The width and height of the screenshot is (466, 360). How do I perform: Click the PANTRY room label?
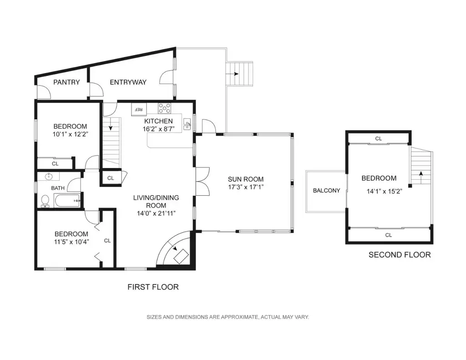coord(66,82)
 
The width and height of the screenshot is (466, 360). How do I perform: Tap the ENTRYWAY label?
coord(128,82)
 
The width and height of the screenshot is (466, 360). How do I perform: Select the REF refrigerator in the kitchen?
coord(139,109)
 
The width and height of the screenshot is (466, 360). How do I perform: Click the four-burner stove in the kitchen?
coord(164,108)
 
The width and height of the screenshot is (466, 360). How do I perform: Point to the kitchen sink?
coord(187,124)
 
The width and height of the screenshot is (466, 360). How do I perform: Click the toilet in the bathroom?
coord(45,201)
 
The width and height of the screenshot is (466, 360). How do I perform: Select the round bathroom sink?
coord(49,177)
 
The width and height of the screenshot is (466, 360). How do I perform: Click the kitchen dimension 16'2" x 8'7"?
coord(158,129)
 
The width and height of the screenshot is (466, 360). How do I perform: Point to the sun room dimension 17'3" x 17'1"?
coord(246,187)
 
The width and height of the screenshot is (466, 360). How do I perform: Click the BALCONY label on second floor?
coord(326,191)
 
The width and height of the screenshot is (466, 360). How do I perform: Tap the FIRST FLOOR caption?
coord(153,287)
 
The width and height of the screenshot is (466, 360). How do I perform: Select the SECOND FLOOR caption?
coord(400,255)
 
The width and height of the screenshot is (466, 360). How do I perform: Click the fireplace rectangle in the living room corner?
coord(181,257)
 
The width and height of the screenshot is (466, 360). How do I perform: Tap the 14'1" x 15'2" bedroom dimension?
coord(384,191)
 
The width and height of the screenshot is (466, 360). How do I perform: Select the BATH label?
coord(58,188)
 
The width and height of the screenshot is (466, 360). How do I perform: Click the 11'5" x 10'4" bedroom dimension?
coord(71,242)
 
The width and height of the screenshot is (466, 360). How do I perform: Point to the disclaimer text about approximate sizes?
coord(228,317)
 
